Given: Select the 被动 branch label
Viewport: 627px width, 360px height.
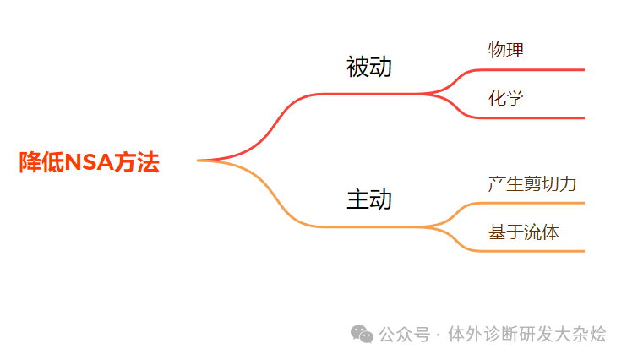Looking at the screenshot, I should [369, 67].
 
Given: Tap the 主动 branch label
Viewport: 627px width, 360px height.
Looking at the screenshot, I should [369, 199].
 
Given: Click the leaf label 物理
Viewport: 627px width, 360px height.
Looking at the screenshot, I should [506, 50].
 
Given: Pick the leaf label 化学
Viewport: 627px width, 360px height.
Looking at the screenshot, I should [506, 98].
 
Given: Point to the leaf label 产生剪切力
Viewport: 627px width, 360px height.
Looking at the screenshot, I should [532, 183].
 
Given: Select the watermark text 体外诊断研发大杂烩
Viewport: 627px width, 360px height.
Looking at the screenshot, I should [527, 335].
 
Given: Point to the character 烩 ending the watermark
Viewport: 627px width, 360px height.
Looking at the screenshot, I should [597, 335].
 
